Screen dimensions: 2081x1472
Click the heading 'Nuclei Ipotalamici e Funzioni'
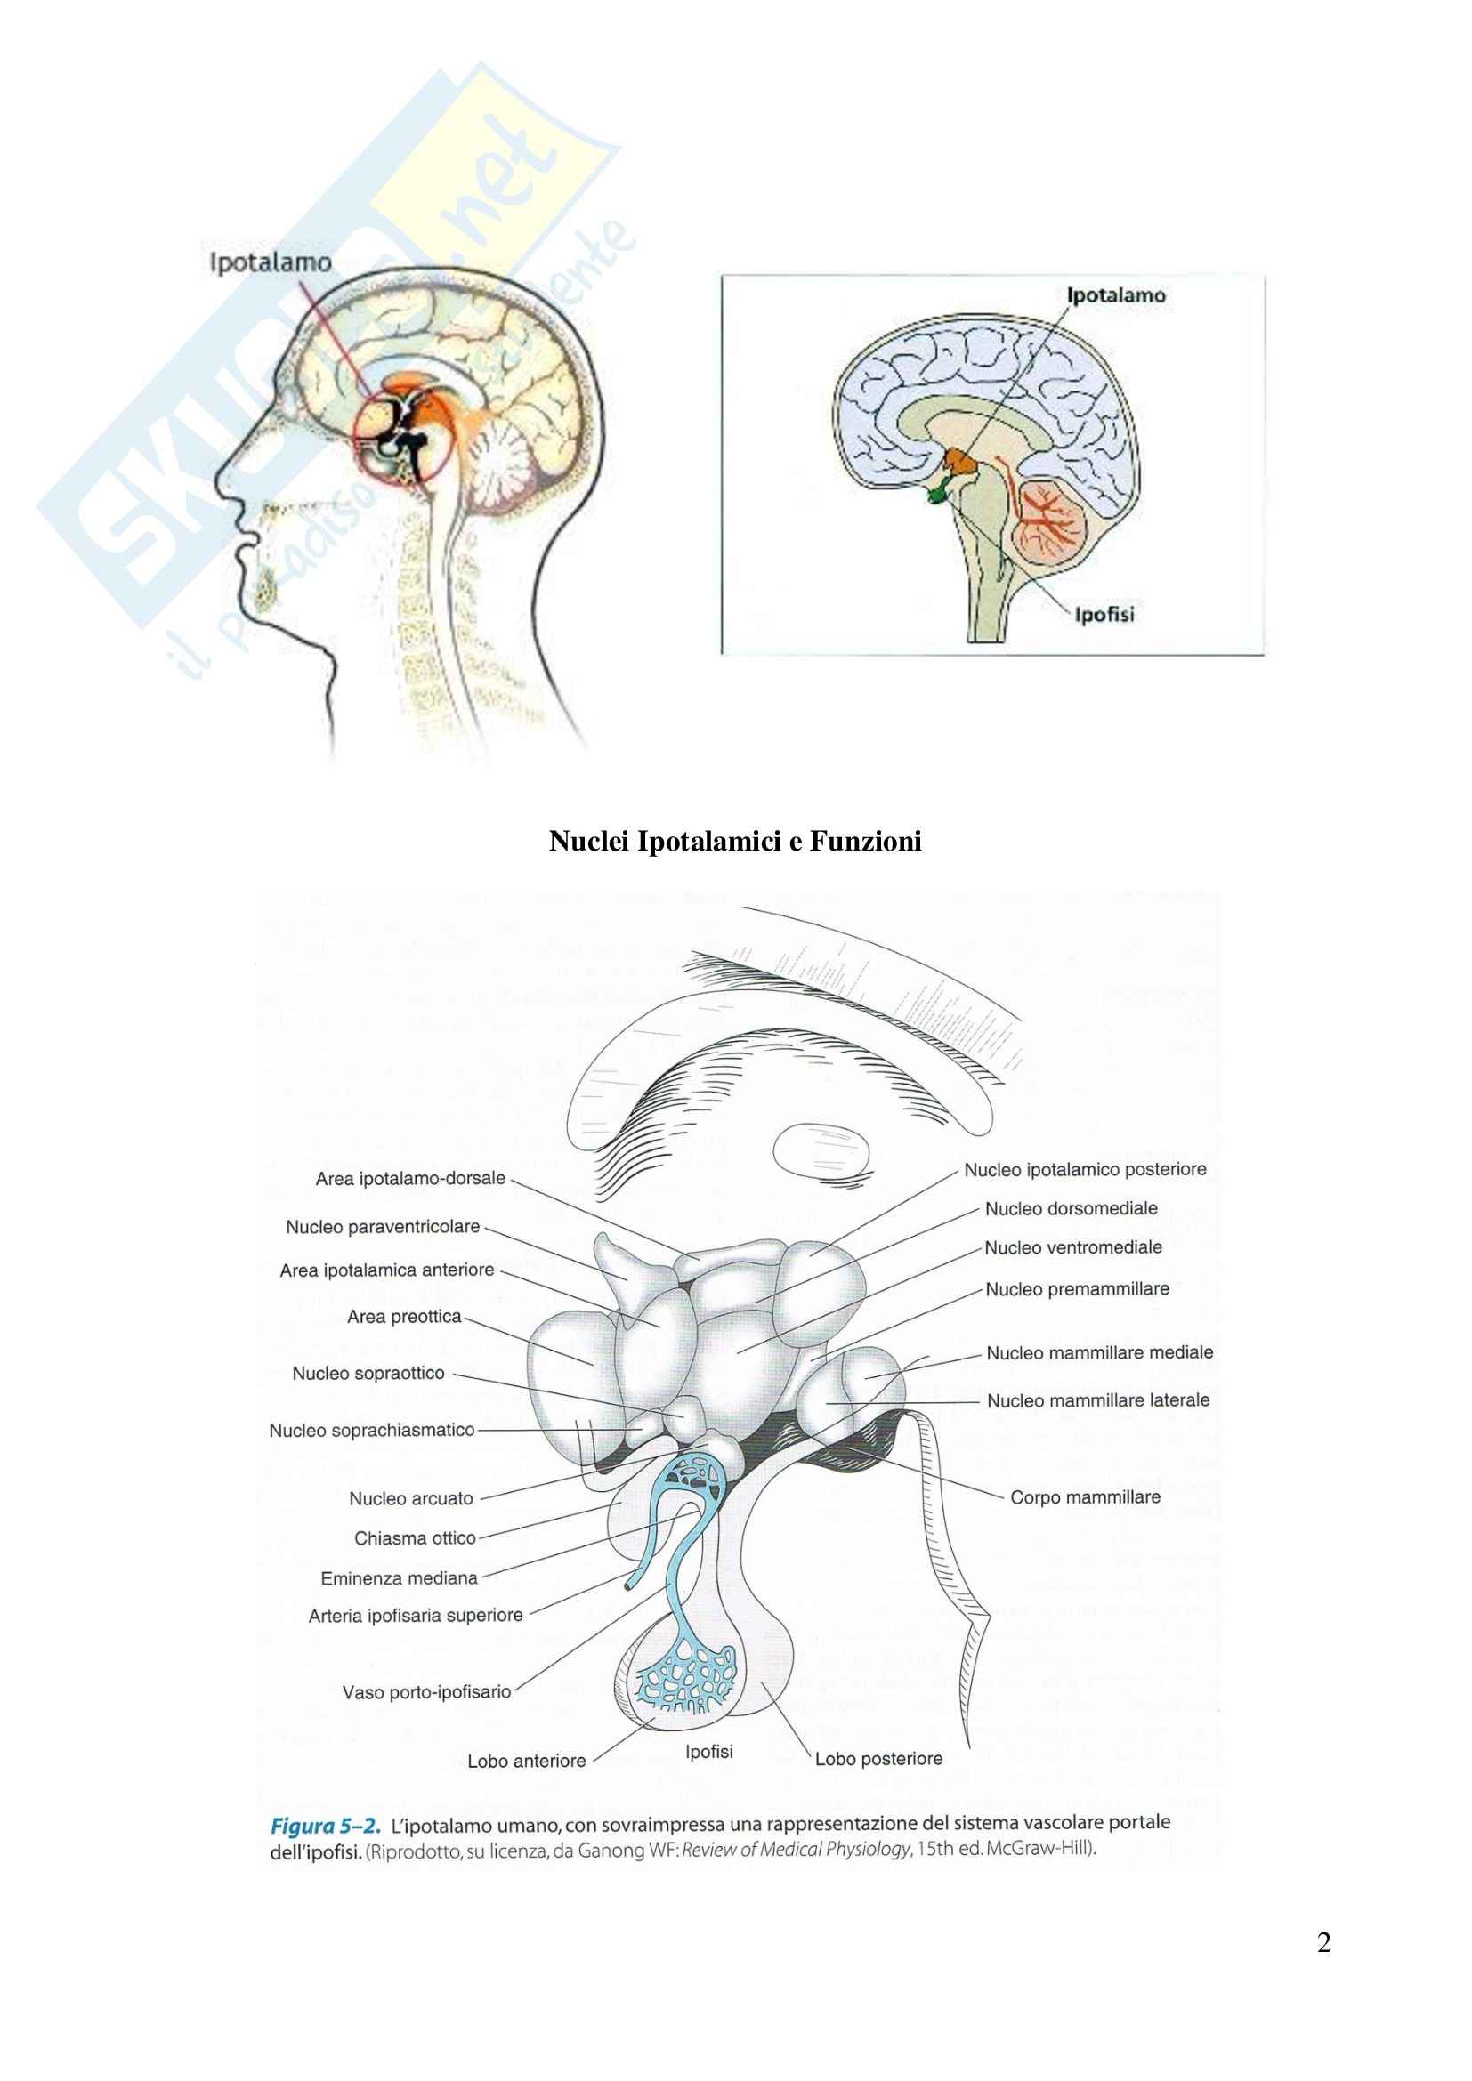[x=735, y=842]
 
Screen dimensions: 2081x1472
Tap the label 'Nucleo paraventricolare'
[x=383, y=1227]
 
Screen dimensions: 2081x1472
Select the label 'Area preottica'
[x=404, y=1317]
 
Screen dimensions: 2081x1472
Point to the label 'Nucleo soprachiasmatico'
[x=372, y=1431]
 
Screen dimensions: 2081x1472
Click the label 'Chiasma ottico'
[x=414, y=1538]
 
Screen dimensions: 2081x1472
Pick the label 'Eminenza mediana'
[x=399, y=1578]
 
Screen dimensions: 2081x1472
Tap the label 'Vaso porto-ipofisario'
[x=426, y=1692]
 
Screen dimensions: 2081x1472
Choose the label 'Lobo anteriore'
[x=526, y=1761]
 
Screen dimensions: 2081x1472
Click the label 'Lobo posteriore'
[x=878, y=1759]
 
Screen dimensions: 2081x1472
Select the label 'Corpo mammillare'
[x=1085, y=1497]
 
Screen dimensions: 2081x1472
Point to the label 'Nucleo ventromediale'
[x=1073, y=1248]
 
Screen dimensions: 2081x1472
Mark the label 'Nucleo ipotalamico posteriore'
[x=1085, y=1170]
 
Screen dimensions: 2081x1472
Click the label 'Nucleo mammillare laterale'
[x=1097, y=1400]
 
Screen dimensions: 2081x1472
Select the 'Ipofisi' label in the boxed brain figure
[x=1103, y=615]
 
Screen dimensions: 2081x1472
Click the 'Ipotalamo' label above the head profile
[x=271, y=262]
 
